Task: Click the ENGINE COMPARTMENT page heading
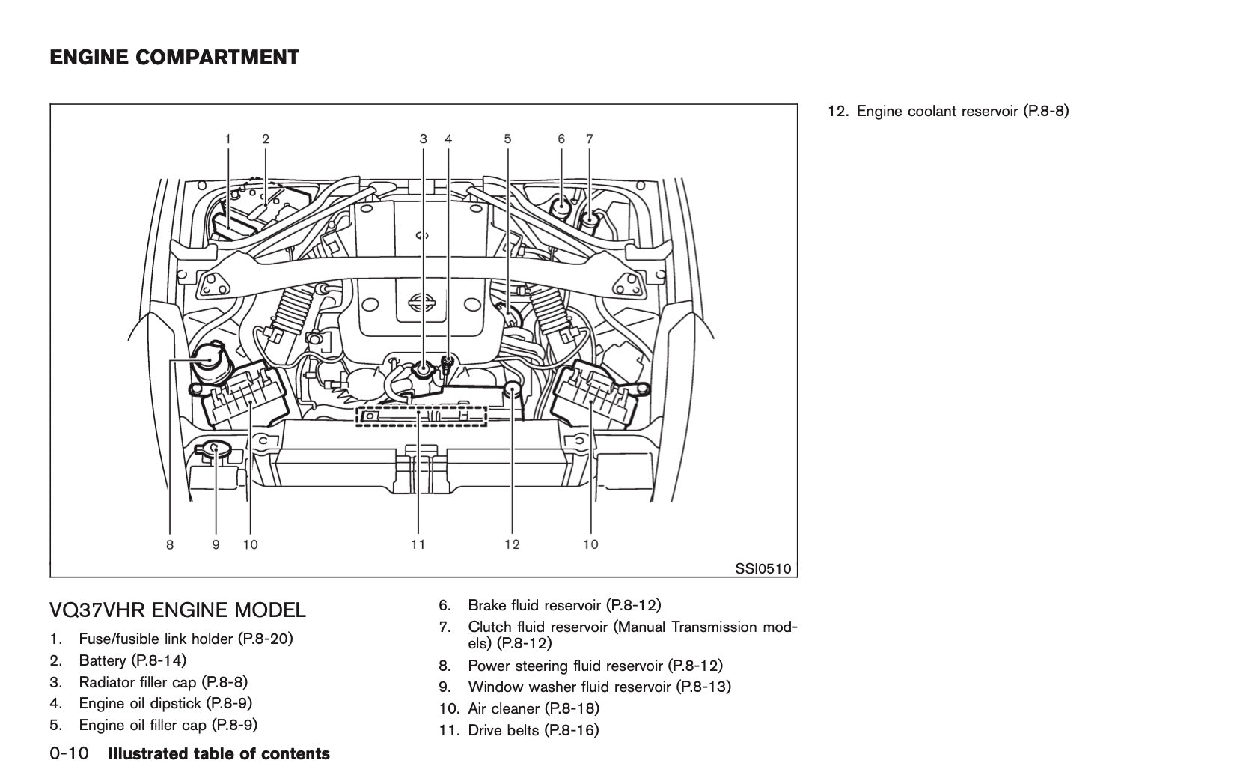(x=174, y=58)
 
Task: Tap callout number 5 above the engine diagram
(x=507, y=139)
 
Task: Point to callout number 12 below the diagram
(x=512, y=544)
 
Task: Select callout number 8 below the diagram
(x=170, y=544)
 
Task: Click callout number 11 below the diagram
(x=418, y=544)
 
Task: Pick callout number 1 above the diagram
(x=228, y=139)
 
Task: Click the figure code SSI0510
(x=762, y=568)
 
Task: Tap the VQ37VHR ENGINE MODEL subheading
(x=177, y=610)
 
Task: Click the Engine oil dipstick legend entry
(x=165, y=703)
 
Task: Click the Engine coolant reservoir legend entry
(x=948, y=112)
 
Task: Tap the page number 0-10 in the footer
(x=70, y=754)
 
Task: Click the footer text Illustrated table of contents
(x=219, y=754)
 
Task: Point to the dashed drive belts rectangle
(x=421, y=416)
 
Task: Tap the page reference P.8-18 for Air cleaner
(x=572, y=708)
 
